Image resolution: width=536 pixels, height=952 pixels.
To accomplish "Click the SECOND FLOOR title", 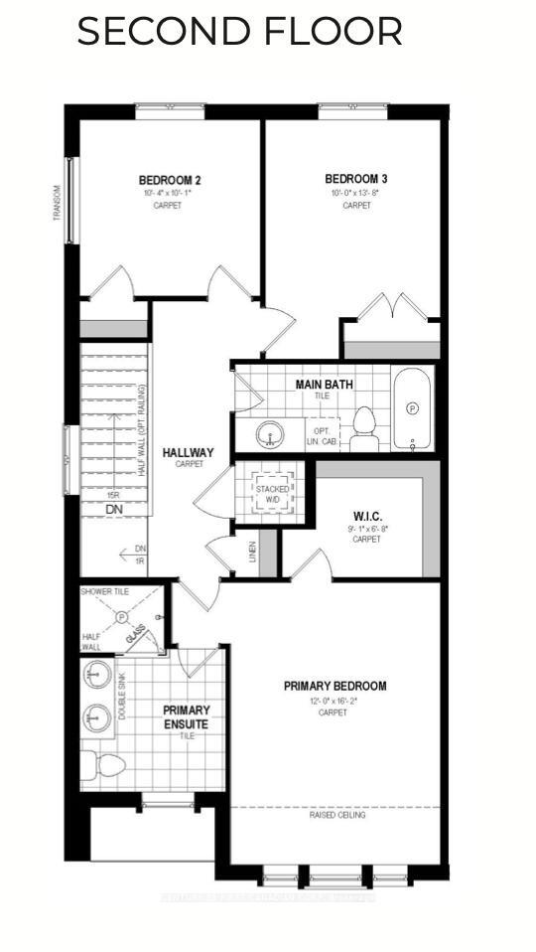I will [x=239, y=32].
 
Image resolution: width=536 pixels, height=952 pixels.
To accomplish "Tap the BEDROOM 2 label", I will [x=170, y=180].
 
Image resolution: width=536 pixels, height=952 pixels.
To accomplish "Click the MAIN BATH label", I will [x=324, y=384].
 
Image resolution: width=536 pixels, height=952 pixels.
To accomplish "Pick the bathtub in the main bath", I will [x=413, y=408].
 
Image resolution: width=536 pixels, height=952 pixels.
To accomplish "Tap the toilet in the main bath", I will [x=365, y=425].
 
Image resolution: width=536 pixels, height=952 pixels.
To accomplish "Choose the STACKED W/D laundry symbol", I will [x=273, y=494].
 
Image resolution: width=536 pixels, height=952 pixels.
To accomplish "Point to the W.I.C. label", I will [x=367, y=516].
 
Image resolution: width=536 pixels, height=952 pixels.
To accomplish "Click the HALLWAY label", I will [x=189, y=452].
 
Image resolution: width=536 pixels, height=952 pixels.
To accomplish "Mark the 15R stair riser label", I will [x=115, y=495].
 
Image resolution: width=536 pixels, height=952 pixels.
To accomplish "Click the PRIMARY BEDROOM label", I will [x=335, y=686].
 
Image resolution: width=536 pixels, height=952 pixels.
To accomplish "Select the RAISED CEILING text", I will [x=336, y=815].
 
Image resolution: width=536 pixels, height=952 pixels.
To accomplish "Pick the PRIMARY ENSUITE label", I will [x=187, y=716].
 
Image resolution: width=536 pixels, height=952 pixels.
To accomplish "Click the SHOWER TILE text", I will [x=104, y=591].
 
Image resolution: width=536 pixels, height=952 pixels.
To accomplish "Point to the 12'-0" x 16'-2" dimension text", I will [x=335, y=700].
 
